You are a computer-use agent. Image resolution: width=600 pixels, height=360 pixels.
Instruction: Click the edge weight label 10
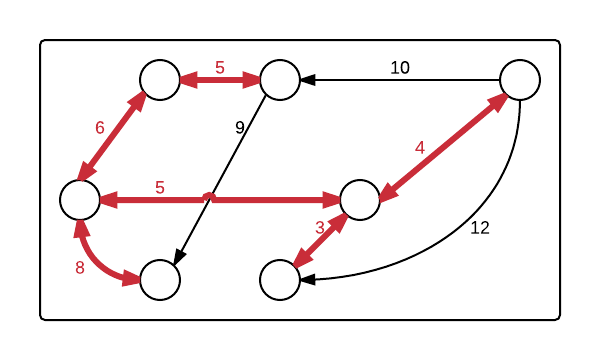[400, 68]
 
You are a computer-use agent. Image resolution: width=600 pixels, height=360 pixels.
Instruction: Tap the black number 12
[479, 228]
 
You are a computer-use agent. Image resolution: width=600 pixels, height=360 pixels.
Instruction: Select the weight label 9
[239, 127]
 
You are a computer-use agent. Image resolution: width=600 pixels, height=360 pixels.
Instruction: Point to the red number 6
[99, 127]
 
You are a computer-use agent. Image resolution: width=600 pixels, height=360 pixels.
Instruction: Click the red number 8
[80, 267]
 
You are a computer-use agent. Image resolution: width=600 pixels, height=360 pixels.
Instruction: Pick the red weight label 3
[320, 227]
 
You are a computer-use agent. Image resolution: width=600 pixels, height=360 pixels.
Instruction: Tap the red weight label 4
[420, 147]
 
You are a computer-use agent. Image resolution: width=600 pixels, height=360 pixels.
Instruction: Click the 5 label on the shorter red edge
[220, 68]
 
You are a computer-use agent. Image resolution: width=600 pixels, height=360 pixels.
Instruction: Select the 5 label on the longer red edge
[160, 187]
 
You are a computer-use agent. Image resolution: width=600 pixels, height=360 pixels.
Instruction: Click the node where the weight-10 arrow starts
[520, 80]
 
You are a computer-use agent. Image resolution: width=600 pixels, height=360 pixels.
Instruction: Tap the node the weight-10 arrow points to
[280, 80]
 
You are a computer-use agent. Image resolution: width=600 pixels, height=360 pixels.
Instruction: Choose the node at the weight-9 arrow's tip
[160, 280]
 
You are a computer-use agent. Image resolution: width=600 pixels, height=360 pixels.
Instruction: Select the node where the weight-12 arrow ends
[280, 280]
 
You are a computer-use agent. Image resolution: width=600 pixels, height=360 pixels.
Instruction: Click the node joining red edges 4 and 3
[360, 200]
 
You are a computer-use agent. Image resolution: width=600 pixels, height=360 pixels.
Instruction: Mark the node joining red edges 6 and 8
[80, 200]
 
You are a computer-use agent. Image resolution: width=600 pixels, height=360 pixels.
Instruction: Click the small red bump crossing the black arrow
[208, 196]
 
